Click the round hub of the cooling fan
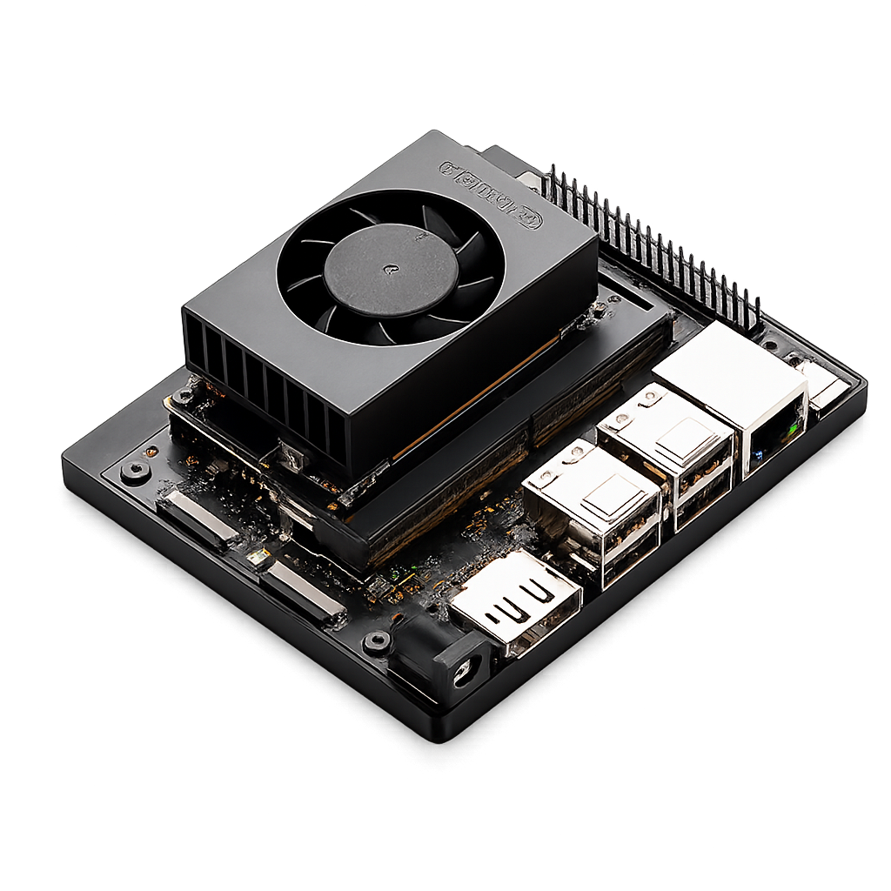(x=391, y=271)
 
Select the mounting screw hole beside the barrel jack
(x=377, y=642)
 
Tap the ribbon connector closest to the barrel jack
(x=301, y=593)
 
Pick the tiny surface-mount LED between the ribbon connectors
(x=253, y=558)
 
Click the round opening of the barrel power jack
(x=463, y=669)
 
